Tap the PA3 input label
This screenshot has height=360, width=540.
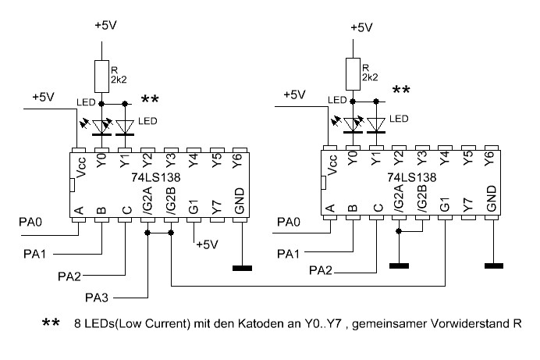(x=98, y=298)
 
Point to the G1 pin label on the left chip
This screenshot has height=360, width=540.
(x=194, y=207)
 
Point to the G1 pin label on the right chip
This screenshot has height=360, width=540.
(x=445, y=207)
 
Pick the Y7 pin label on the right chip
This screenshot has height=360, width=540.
(x=467, y=207)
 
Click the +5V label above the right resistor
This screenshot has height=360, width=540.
(x=361, y=27)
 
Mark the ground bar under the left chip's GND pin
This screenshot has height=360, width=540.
(x=243, y=269)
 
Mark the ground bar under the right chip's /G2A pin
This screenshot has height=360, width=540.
(x=400, y=266)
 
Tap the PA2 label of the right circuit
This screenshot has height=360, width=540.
(x=321, y=271)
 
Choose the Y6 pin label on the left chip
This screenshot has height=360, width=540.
(x=240, y=162)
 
